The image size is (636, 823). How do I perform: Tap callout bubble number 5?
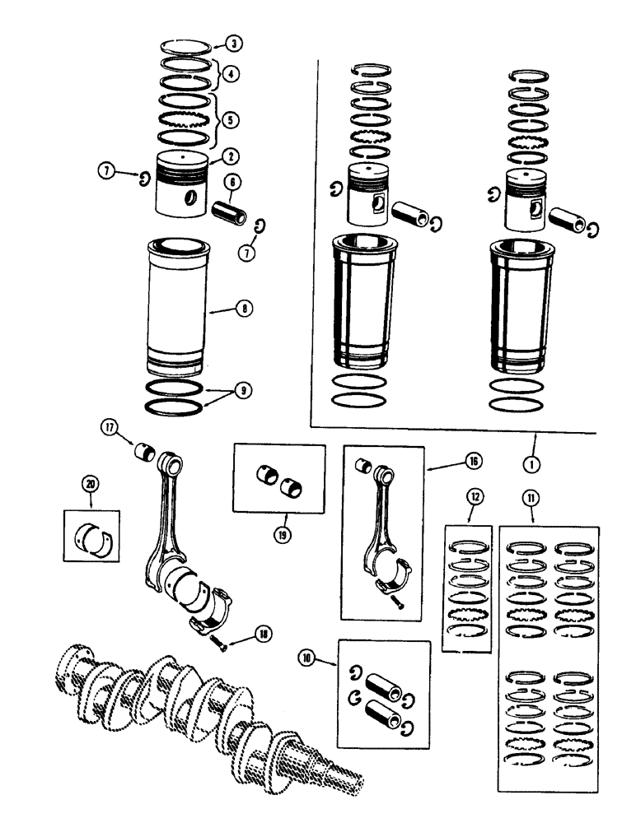point(231,119)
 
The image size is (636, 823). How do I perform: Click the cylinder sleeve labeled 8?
point(176,309)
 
